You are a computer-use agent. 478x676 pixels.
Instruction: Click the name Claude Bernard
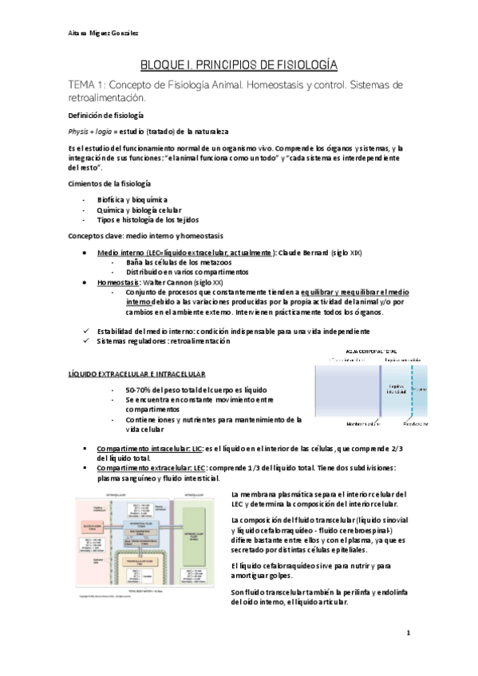pos(302,253)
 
